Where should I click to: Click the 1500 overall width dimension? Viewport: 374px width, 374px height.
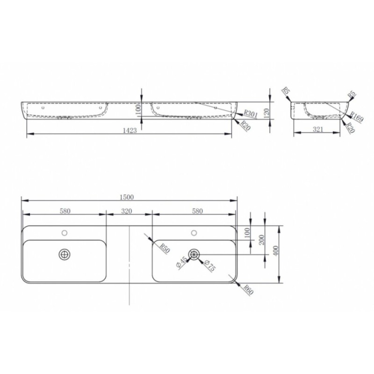pyautogui.click(x=127, y=197)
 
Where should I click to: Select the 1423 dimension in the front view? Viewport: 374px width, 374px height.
pyautogui.click(x=130, y=130)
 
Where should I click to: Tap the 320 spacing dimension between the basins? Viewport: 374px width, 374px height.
pyautogui.click(x=126, y=211)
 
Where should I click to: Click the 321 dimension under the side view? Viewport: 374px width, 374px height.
pyautogui.click(x=318, y=129)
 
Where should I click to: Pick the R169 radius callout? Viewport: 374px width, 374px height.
pyautogui.click(x=357, y=117)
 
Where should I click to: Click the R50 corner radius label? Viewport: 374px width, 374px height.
pyautogui.click(x=165, y=248)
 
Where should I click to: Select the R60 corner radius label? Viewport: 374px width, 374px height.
pyautogui.click(x=248, y=290)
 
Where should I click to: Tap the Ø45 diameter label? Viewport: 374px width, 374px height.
pyautogui.click(x=181, y=263)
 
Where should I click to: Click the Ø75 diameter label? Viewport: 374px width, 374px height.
pyautogui.click(x=209, y=266)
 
